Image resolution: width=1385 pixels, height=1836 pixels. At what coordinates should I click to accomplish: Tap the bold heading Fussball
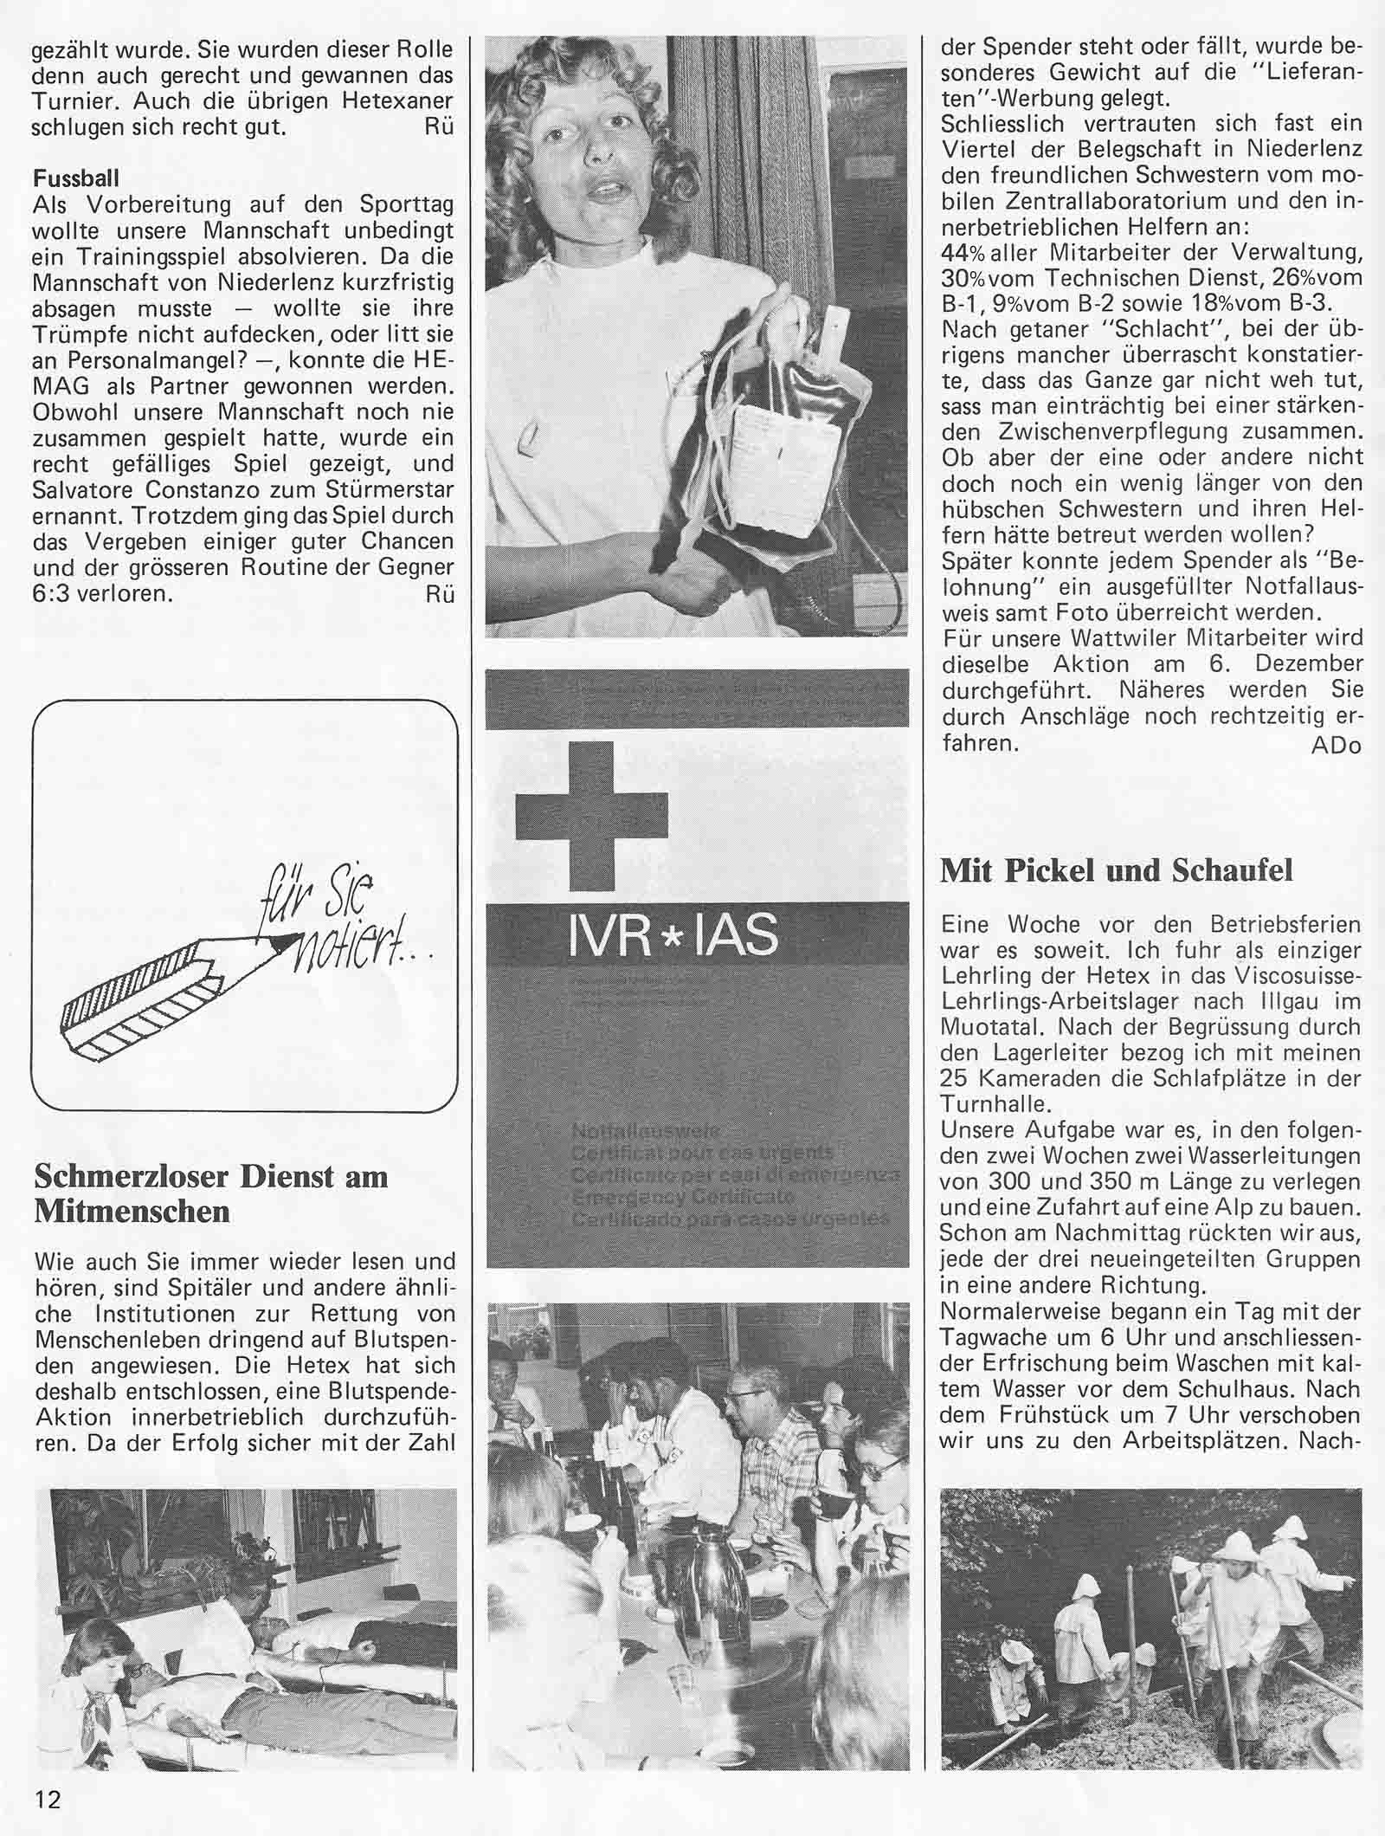click(76, 179)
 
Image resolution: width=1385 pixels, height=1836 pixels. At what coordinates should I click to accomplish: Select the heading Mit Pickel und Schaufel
click(1117, 870)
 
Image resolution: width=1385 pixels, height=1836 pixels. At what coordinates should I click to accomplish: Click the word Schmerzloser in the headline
click(132, 1177)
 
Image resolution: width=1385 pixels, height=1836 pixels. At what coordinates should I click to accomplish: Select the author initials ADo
click(1337, 746)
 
